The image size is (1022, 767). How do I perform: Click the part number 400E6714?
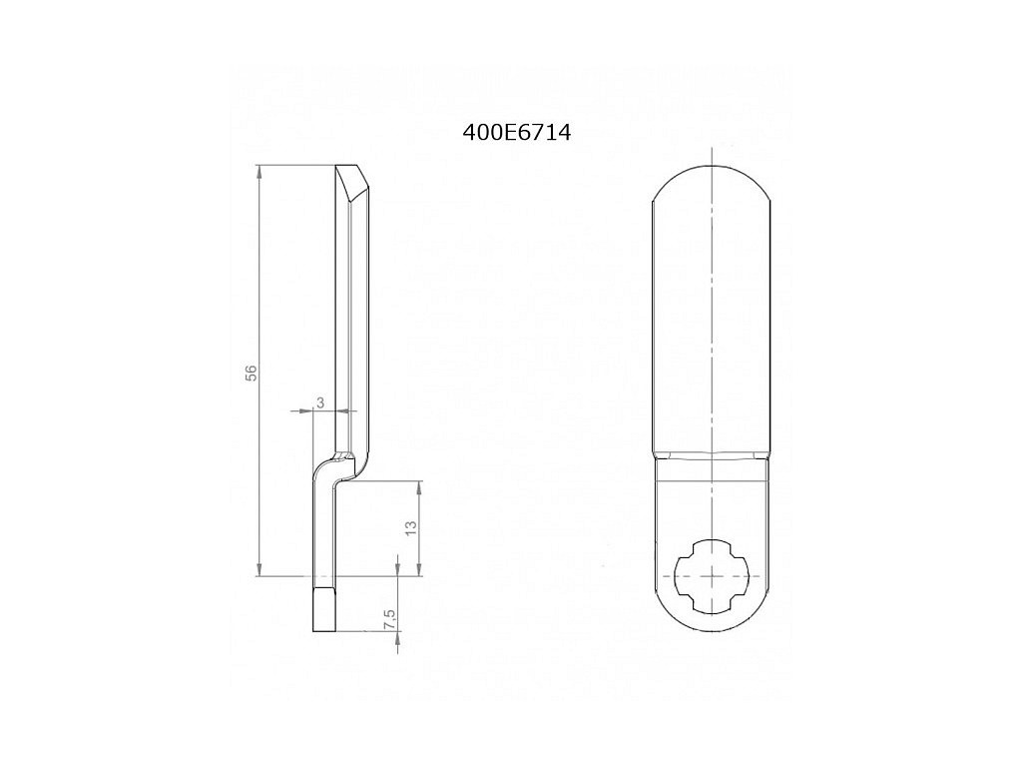[x=516, y=133]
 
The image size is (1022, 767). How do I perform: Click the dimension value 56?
[x=252, y=372]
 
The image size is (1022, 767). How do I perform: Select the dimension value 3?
[x=320, y=402]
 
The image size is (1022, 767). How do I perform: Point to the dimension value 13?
[x=410, y=528]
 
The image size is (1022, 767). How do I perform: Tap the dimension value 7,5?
[x=390, y=619]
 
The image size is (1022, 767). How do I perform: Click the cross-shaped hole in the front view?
[x=713, y=576]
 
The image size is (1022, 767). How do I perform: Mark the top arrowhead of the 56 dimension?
[x=259, y=172]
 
